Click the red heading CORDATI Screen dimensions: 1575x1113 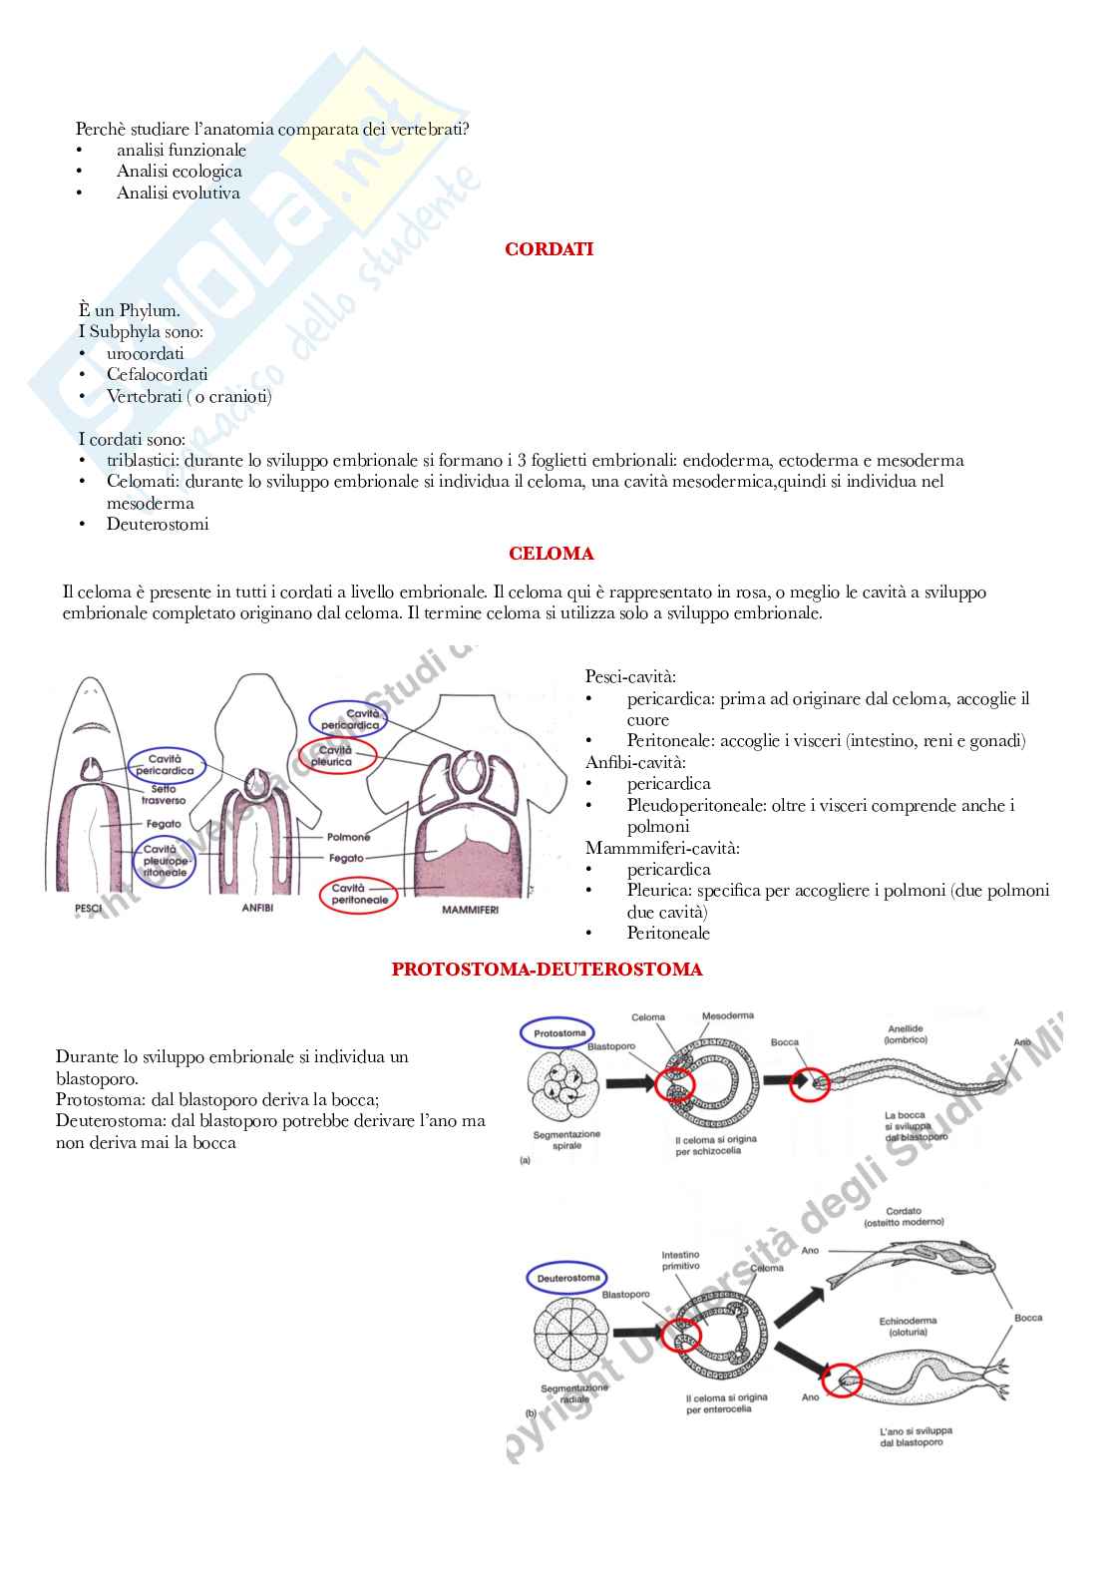(x=549, y=249)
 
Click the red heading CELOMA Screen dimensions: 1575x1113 (x=551, y=554)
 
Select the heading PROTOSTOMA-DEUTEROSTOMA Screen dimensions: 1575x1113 (x=547, y=969)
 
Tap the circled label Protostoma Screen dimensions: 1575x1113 (x=559, y=1033)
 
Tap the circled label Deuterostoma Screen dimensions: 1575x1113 (x=568, y=1278)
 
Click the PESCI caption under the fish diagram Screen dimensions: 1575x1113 (x=89, y=909)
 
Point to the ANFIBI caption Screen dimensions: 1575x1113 (x=257, y=909)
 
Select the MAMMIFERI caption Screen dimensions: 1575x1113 (x=469, y=910)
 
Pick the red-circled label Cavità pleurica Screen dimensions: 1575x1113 (x=336, y=755)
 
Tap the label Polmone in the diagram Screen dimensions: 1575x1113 (x=348, y=837)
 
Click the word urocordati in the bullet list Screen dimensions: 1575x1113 (x=146, y=353)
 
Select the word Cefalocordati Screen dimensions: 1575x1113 (x=158, y=375)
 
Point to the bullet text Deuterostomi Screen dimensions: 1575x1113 (x=158, y=525)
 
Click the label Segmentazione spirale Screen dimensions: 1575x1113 (x=566, y=1139)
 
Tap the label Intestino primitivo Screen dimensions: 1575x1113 (x=680, y=1261)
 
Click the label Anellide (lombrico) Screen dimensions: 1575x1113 (x=906, y=1033)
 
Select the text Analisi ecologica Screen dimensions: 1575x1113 (x=179, y=172)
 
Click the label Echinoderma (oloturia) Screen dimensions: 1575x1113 (x=908, y=1326)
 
